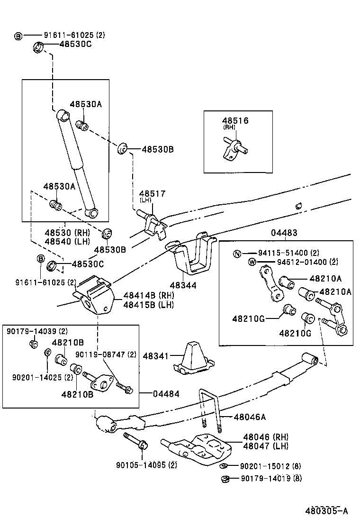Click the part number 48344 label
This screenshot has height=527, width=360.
184,285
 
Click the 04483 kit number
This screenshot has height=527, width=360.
284,233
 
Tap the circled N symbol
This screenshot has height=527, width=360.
237,254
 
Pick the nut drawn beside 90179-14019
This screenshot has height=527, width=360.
225,479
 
